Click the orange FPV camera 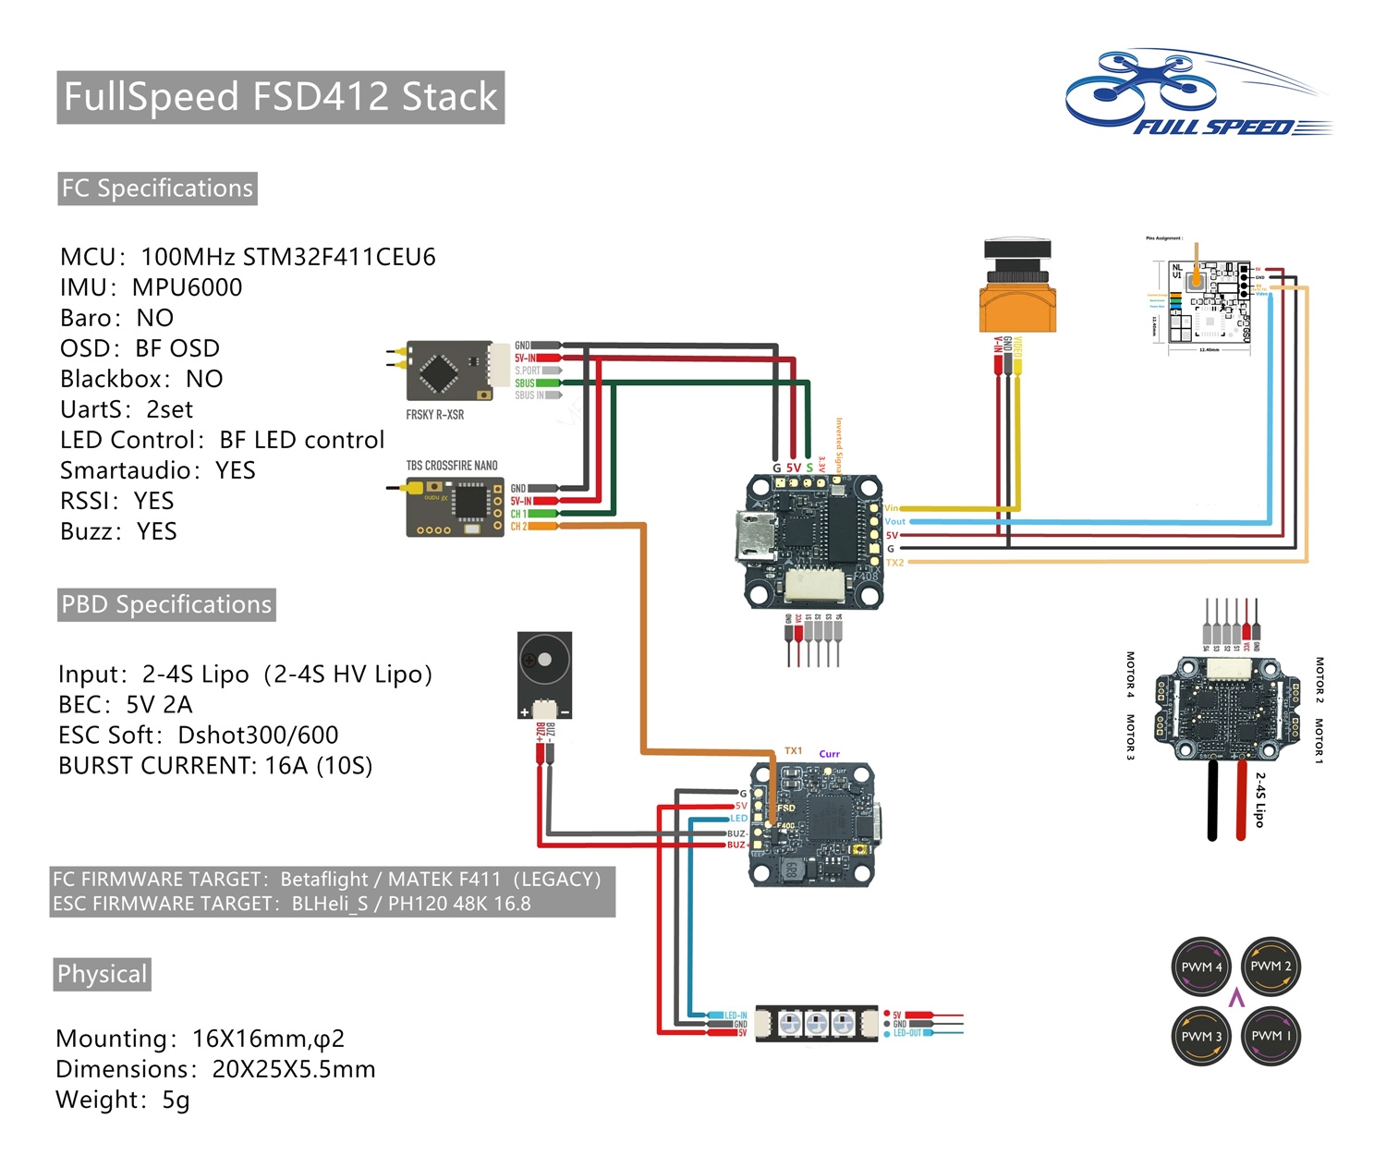[1016, 291]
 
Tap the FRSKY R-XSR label [434, 415]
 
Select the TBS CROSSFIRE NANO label [452, 466]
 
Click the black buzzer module [544, 675]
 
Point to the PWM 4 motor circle [1201, 967]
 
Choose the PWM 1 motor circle [1270, 1036]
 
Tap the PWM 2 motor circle [1270, 967]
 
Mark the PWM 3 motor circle [1201, 1036]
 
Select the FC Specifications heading [157, 188]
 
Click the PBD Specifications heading [166, 605]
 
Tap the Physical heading [102, 975]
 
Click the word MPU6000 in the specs [187, 287]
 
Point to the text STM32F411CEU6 [338, 257]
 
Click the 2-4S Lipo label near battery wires [1259, 799]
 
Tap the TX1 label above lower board [793, 751]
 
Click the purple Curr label [829, 754]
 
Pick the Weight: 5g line [122, 1100]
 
